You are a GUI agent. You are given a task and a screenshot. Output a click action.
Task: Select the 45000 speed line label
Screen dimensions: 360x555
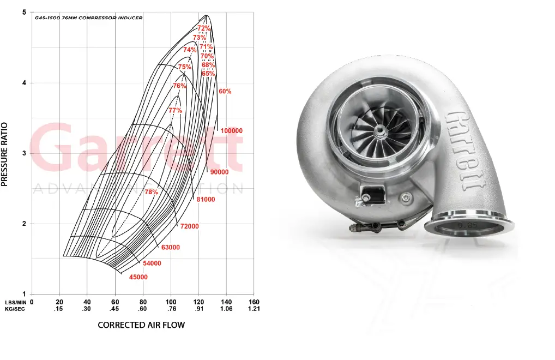pyautogui.click(x=138, y=277)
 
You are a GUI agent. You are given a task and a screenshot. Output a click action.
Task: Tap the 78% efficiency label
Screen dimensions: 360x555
pyautogui.click(x=151, y=192)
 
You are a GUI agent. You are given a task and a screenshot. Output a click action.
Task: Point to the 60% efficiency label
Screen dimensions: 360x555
pyautogui.click(x=225, y=92)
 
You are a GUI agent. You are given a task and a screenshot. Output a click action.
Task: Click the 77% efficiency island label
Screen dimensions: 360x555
pyautogui.click(x=175, y=110)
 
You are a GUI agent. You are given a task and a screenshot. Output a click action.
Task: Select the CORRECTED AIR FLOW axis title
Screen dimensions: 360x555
pyautogui.click(x=141, y=325)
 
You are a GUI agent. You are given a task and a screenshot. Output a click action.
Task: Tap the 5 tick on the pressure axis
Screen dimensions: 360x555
pyautogui.click(x=24, y=13)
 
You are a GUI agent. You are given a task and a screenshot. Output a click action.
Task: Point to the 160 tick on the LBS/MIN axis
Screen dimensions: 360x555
pyautogui.click(x=254, y=302)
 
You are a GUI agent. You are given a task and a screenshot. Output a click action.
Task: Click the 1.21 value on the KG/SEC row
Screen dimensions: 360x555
pyautogui.click(x=254, y=309)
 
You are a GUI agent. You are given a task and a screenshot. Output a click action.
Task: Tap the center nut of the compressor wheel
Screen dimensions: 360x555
pyautogui.click(x=377, y=129)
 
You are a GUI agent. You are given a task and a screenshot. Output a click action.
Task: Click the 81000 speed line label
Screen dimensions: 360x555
pyautogui.click(x=206, y=200)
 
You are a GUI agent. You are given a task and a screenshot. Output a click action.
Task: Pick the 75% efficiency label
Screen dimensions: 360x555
pyautogui.click(x=185, y=67)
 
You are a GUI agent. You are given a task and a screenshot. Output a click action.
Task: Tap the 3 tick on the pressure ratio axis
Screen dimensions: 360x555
pyautogui.click(x=24, y=153)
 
